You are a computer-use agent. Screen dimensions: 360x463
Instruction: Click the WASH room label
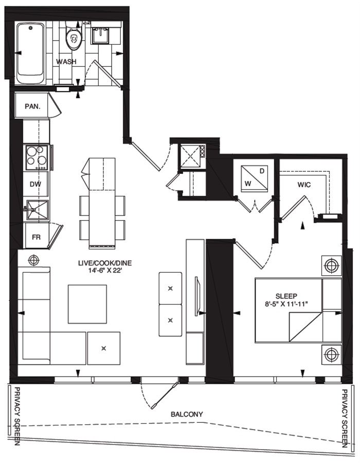66,61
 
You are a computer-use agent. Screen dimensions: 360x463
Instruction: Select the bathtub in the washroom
30,53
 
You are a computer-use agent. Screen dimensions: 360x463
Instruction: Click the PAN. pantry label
32,106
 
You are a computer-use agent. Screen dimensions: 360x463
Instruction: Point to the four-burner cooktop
37,158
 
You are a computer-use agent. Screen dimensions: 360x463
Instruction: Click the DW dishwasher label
35,184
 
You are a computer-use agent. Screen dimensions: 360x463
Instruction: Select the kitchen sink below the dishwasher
37,210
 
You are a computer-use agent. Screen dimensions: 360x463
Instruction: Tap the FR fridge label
36,237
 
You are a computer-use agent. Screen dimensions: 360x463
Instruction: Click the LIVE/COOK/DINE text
105,263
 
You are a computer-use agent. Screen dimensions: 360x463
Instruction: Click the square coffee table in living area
87,304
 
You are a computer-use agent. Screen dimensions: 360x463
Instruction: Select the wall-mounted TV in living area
197,296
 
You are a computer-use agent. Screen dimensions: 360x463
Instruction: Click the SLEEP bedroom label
286,296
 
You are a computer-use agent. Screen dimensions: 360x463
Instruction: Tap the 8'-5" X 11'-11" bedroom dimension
286,304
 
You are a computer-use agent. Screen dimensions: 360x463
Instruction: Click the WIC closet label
304,185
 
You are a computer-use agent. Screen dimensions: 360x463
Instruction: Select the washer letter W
248,184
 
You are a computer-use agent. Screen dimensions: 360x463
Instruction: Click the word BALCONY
187,414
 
